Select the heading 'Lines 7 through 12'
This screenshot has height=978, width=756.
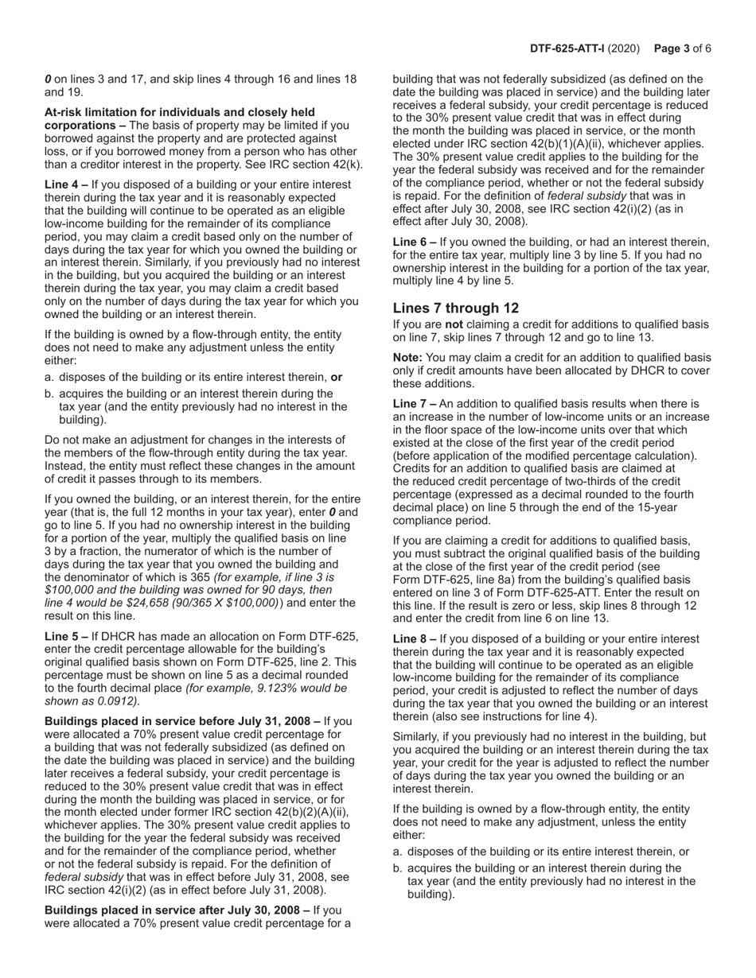pyautogui.click(x=456, y=308)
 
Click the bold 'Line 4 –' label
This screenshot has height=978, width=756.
pyautogui.click(x=66, y=184)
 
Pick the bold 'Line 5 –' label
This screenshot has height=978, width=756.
pyautogui.click(x=66, y=636)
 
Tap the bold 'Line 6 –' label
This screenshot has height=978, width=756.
pyautogui.click(x=415, y=242)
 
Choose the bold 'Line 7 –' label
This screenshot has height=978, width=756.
pyautogui.click(x=415, y=404)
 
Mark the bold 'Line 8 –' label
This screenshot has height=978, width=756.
pyautogui.click(x=415, y=638)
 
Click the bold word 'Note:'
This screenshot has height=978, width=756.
pyautogui.click(x=408, y=357)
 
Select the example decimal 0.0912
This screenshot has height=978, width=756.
pyautogui.click(x=116, y=701)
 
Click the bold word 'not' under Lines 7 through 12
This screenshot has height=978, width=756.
pyautogui.click(x=454, y=324)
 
